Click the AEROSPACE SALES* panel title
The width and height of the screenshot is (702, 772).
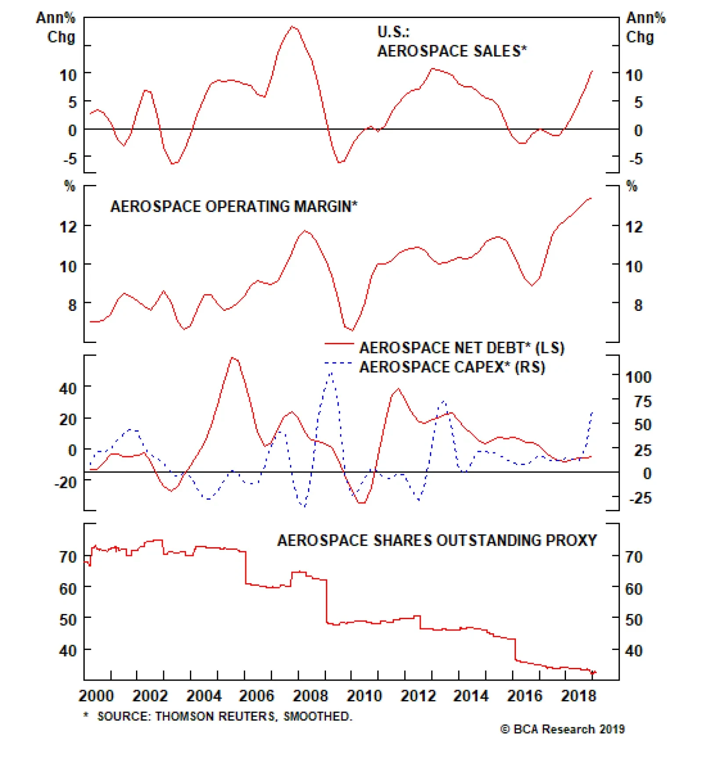pos(451,51)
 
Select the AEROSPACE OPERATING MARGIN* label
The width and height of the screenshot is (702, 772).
pos(233,206)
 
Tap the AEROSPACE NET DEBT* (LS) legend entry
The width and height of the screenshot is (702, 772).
pos(462,348)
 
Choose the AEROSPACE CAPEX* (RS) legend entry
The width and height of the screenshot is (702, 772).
pos(452,367)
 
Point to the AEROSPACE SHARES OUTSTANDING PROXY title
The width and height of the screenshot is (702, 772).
pos(437,540)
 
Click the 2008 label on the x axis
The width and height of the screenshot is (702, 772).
pos(310,696)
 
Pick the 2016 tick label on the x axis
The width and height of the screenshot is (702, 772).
pos(525,696)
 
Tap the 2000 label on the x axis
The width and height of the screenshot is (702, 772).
pos(96,696)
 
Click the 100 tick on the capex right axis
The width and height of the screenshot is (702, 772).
pos(638,377)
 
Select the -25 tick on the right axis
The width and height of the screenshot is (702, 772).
pos(640,498)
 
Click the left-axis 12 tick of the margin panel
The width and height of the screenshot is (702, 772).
pos(68,227)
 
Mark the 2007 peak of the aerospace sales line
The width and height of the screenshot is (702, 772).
pos(293,27)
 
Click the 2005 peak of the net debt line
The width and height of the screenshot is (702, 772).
pos(233,358)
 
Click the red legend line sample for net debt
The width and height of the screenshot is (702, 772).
pos(339,344)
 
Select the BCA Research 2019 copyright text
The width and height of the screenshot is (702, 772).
pos(562,729)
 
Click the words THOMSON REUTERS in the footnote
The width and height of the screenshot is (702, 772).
pos(215,716)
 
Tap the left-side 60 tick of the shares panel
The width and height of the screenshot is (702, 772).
pos(68,589)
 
